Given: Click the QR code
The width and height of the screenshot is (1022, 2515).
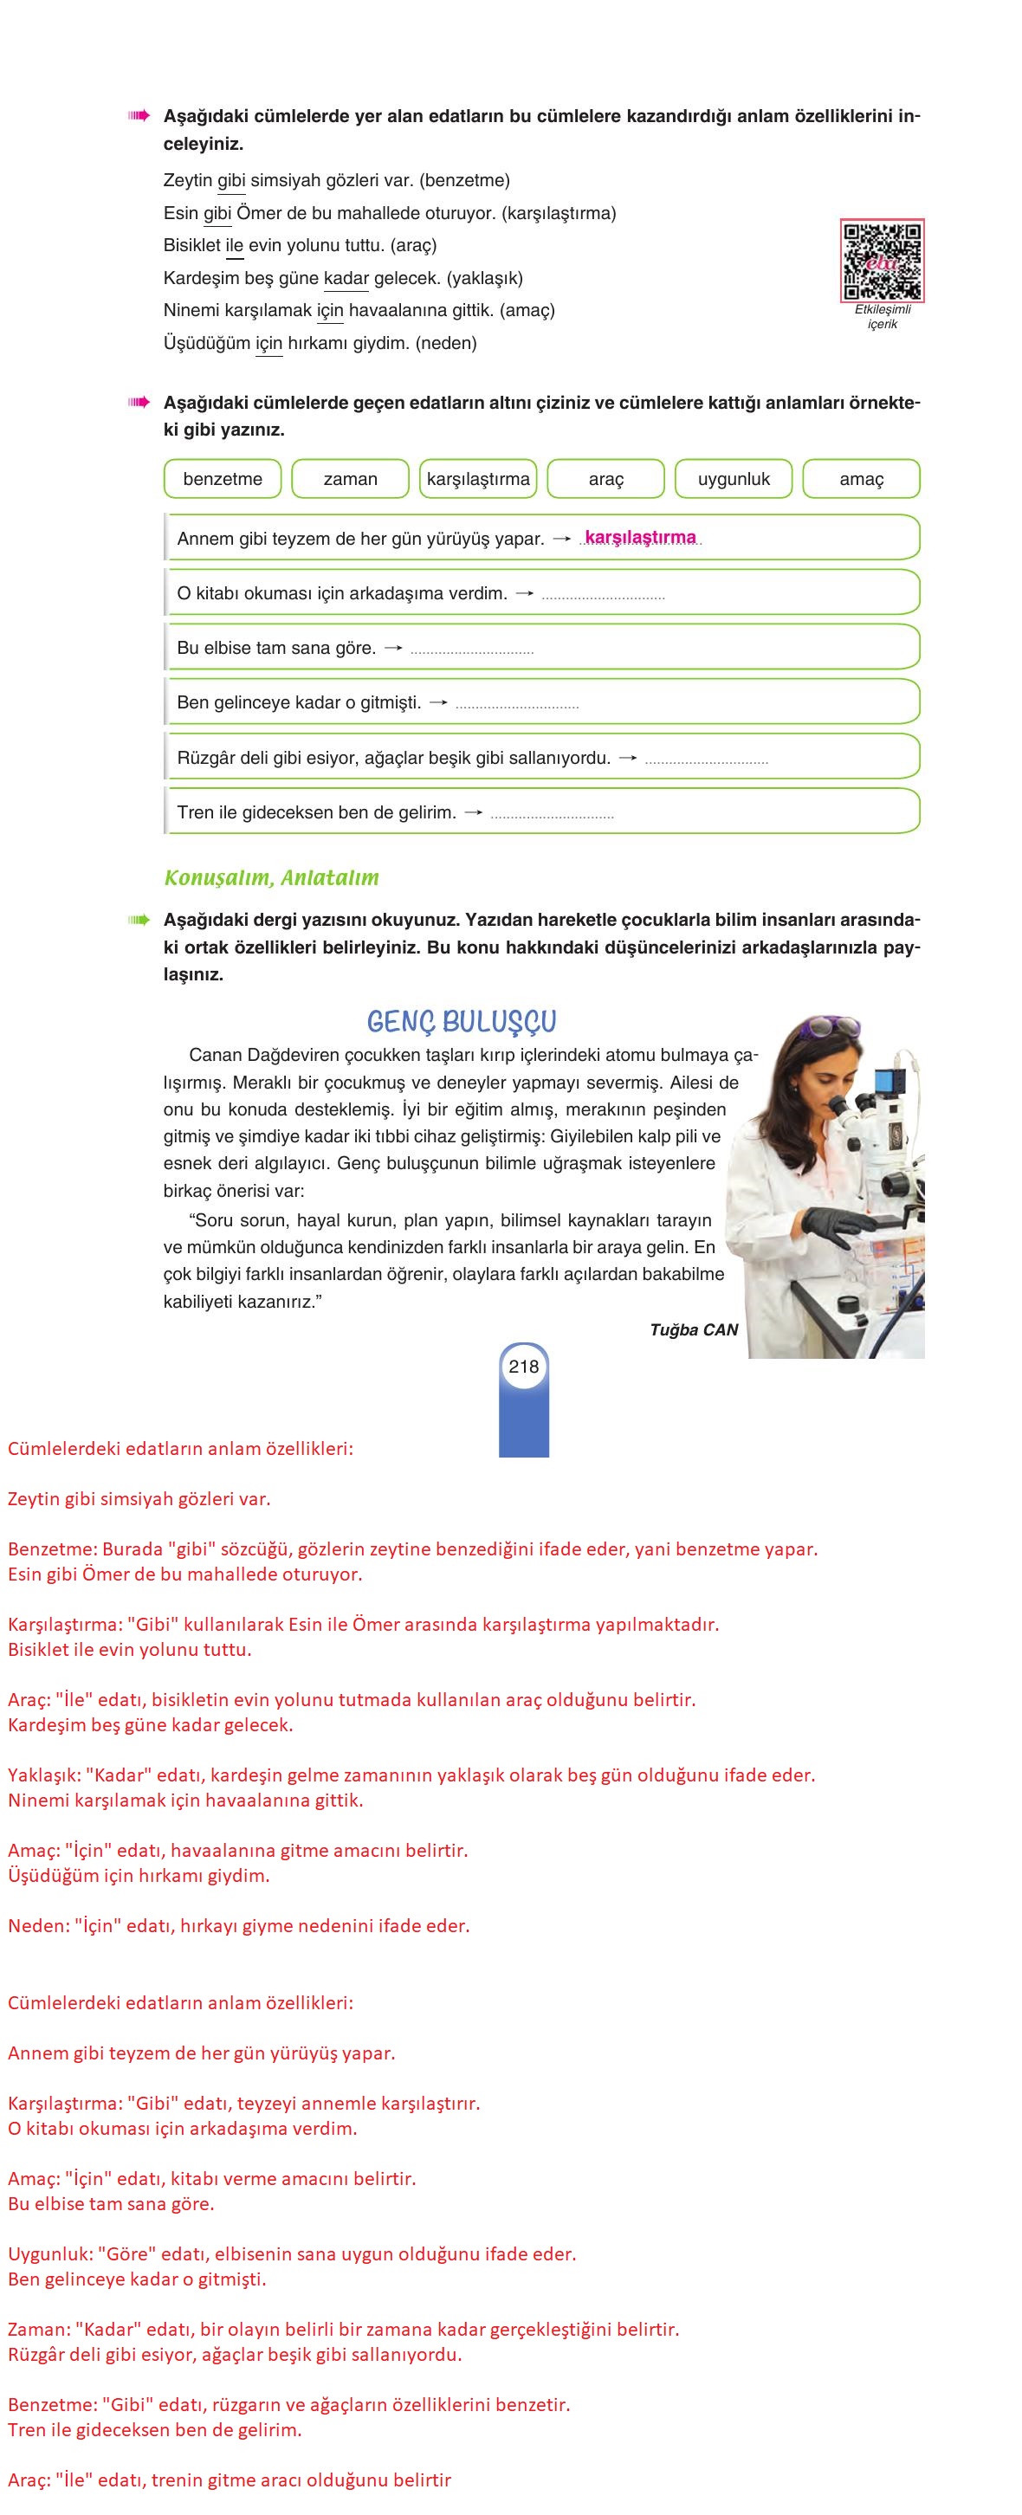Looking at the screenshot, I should (882, 261).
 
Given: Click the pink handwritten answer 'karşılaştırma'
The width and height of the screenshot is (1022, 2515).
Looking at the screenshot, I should (640, 538).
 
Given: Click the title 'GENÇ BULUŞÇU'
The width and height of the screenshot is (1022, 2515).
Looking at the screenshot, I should (462, 1022).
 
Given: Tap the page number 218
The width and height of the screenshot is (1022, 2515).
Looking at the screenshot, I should (523, 1367).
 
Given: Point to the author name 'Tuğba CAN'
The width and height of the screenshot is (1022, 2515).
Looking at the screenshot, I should (694, 1329).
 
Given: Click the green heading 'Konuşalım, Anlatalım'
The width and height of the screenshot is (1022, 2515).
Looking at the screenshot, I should (271, 877).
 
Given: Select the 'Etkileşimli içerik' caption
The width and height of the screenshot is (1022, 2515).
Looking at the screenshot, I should (883, 316).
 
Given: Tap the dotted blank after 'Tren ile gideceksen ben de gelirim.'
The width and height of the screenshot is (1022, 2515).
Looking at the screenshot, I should (552, 814).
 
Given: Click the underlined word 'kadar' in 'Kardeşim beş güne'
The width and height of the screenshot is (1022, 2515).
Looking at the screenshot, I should (346, 278).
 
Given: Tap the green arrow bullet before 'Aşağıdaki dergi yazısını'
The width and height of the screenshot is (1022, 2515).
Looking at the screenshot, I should (138, 920).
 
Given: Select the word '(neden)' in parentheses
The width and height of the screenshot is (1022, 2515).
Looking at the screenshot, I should (446, 344).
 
